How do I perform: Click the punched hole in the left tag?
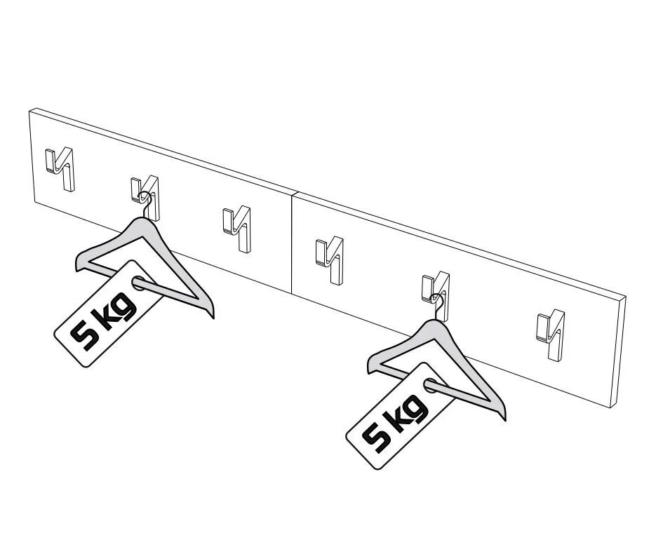(x=139, y=284)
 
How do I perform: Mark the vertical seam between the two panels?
(x=291, y=243)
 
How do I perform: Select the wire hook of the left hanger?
(x=146, y=204)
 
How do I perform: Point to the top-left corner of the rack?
(x=30, y=110)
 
